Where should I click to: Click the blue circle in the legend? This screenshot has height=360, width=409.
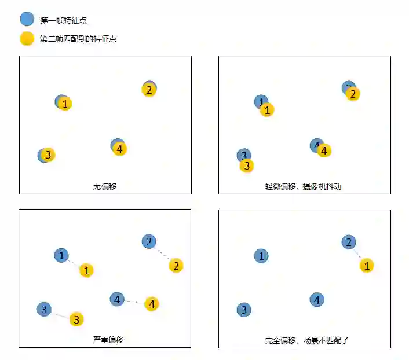coord(27,19)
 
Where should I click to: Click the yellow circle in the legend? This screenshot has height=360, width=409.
coord(27,39)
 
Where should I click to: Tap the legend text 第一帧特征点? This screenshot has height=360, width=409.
coord(64,20)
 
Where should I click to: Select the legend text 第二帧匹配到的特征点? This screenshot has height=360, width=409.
coord(78,39)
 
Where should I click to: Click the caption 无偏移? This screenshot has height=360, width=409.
coord(105,186)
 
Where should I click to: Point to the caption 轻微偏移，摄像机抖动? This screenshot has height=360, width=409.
coord(304,186)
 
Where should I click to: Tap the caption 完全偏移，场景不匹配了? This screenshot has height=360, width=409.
coord(304,340)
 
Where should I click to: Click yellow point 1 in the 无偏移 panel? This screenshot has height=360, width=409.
coord(65,104)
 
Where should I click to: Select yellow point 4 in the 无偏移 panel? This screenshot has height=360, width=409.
coord(119,149)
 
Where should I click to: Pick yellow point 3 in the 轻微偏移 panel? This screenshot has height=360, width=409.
coord(247,166)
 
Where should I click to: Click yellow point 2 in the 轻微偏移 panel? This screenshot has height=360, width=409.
coord(353,93)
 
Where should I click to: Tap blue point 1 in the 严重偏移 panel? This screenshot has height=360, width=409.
coord(61,255)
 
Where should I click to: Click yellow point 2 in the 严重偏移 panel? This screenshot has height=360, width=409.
coord(176,266)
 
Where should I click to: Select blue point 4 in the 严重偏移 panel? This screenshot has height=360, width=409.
coord(117,299)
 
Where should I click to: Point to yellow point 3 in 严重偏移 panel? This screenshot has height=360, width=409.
coord(76,319)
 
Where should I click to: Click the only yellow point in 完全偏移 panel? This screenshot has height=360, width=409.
coord(366,266)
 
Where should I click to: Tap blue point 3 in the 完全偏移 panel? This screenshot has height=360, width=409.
coord(244,310)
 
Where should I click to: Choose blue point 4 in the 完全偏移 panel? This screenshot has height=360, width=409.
coord(316,300)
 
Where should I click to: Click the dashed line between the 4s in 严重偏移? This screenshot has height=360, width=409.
coord(134,302)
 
